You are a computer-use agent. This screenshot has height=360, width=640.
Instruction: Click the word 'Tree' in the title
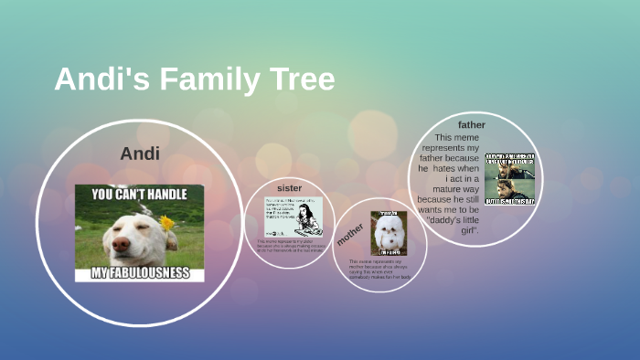pyautogui.click(x=301, y=79)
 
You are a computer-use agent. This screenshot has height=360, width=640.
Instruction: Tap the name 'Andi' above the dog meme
pyautogui.click(x=140, y=154)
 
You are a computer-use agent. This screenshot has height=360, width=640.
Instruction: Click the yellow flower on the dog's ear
pyautogui.click(x=166, y=222)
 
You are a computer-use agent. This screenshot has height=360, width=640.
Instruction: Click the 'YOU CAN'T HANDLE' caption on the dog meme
pyautogui.click(x=139, y=195)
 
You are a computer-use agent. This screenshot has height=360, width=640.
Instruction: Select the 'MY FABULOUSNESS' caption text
pyautogui.click(x=139, y=272)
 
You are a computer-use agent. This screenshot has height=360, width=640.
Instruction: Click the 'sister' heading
pyautogui.click(x=289, y=187)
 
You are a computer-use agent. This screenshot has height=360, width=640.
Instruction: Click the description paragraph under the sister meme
pyautogui.click(x=289, y=246)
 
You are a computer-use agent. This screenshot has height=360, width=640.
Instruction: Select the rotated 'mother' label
pyautogui.click(x=349, y=233)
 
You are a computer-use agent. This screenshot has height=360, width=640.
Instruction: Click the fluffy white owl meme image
pyautogui.click(x=389, y=233)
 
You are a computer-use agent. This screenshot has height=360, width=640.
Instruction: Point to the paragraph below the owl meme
pyautogui.click(x=379, y=269)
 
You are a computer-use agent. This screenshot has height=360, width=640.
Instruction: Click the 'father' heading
pyautogui.click(x=472, y=124)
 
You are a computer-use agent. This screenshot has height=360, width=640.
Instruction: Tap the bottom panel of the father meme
pyautogui.click(x=510, y=191)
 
